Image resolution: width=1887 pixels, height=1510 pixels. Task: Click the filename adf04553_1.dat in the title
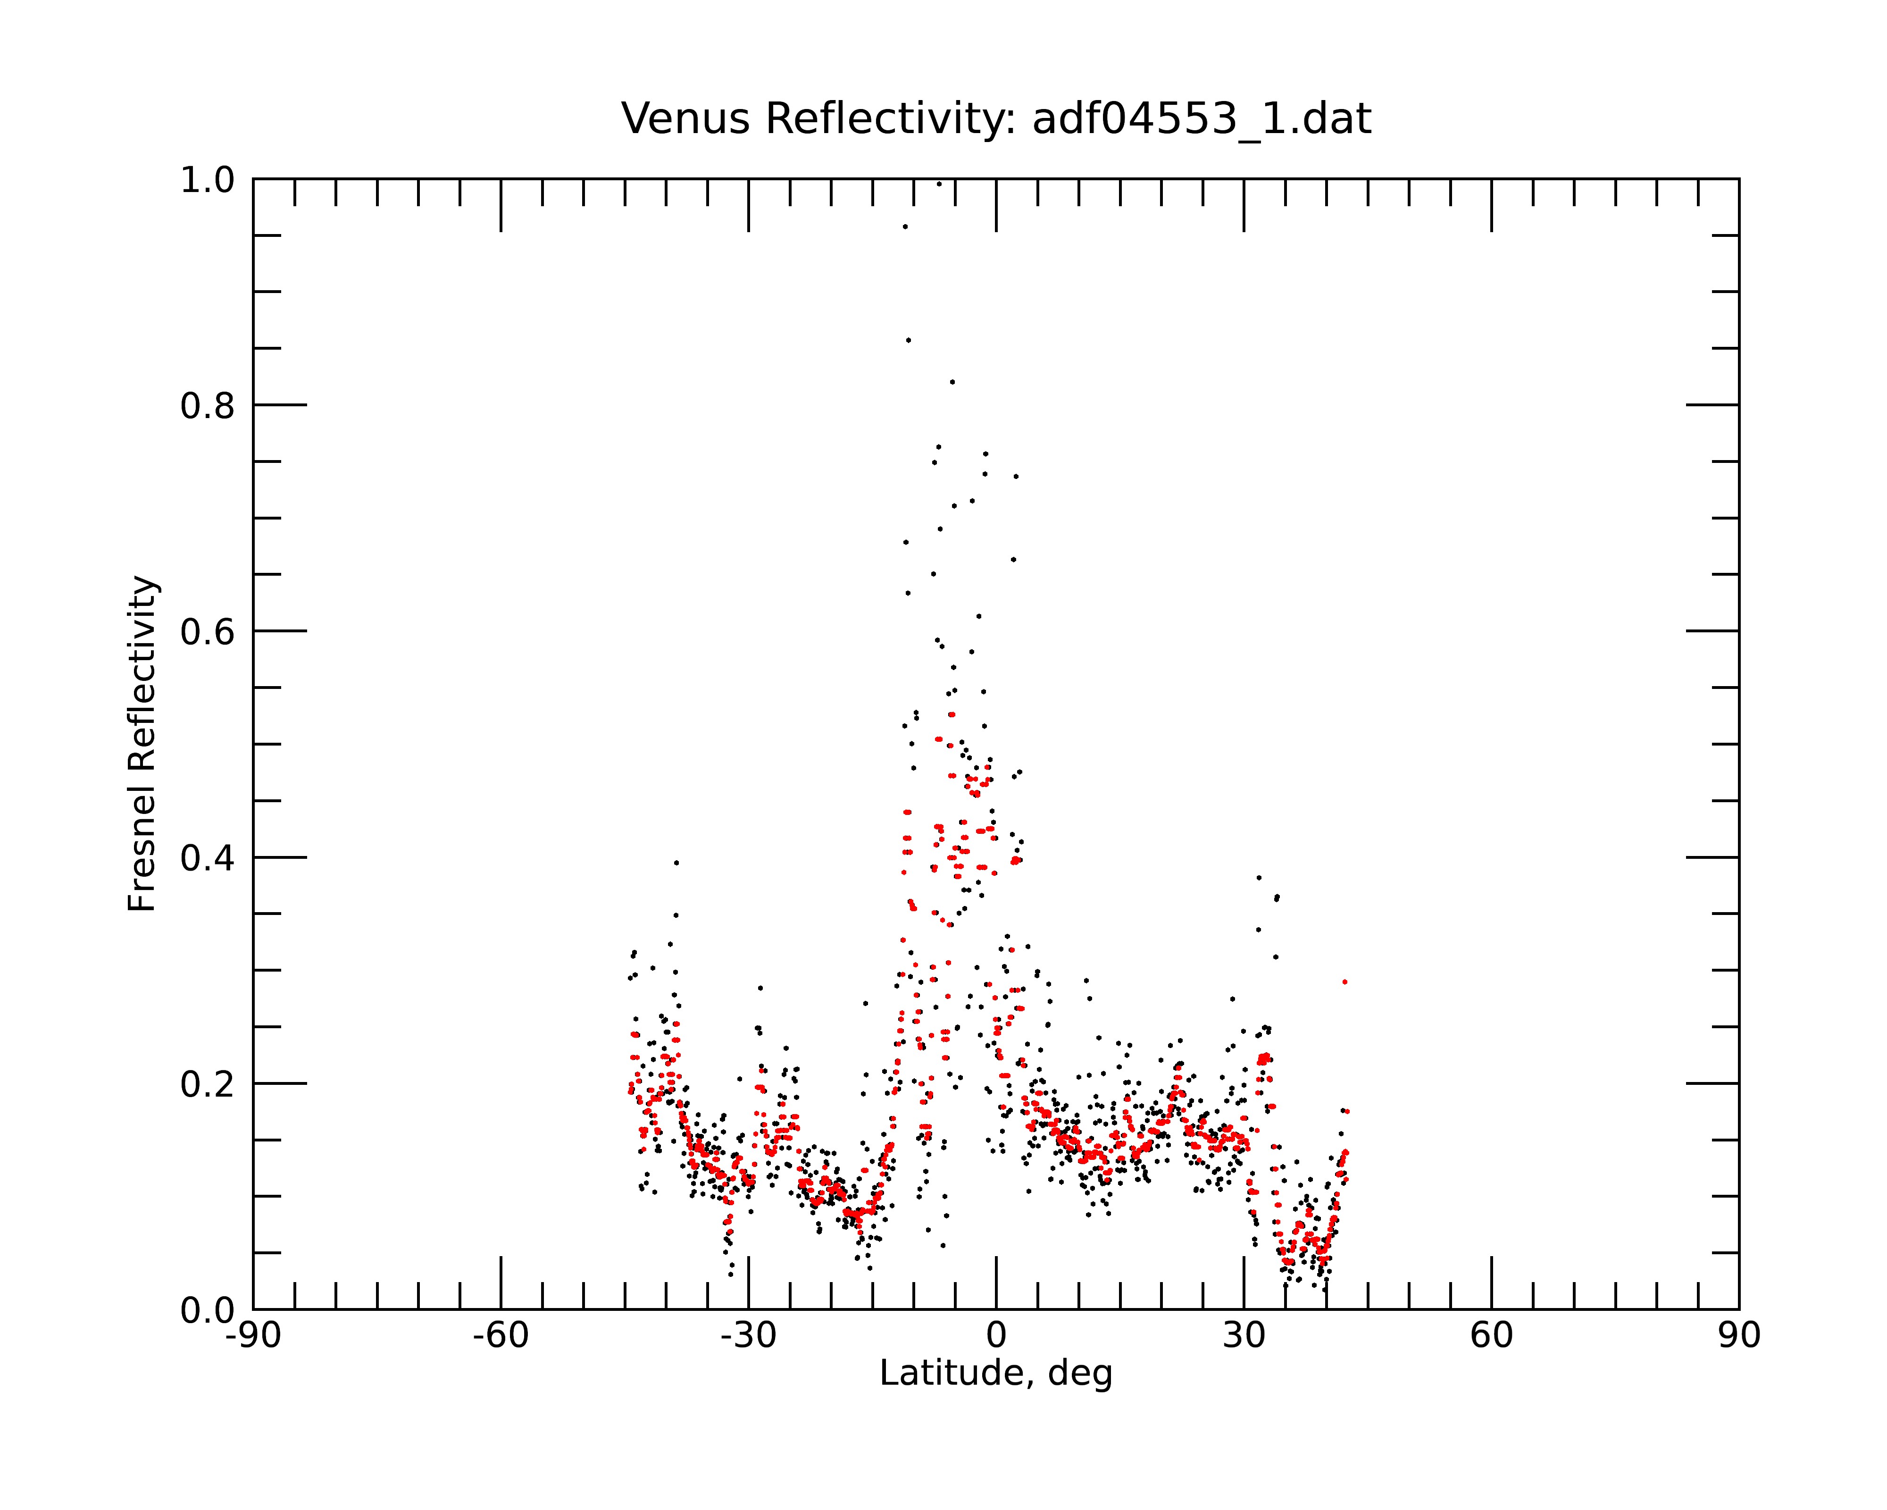pos(1202,119)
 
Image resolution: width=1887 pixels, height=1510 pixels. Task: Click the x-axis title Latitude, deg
pos(996,1374)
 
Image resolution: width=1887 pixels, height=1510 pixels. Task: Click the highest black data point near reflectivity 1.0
pos(939,184)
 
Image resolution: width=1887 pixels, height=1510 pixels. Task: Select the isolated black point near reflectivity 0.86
pos(909,340)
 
